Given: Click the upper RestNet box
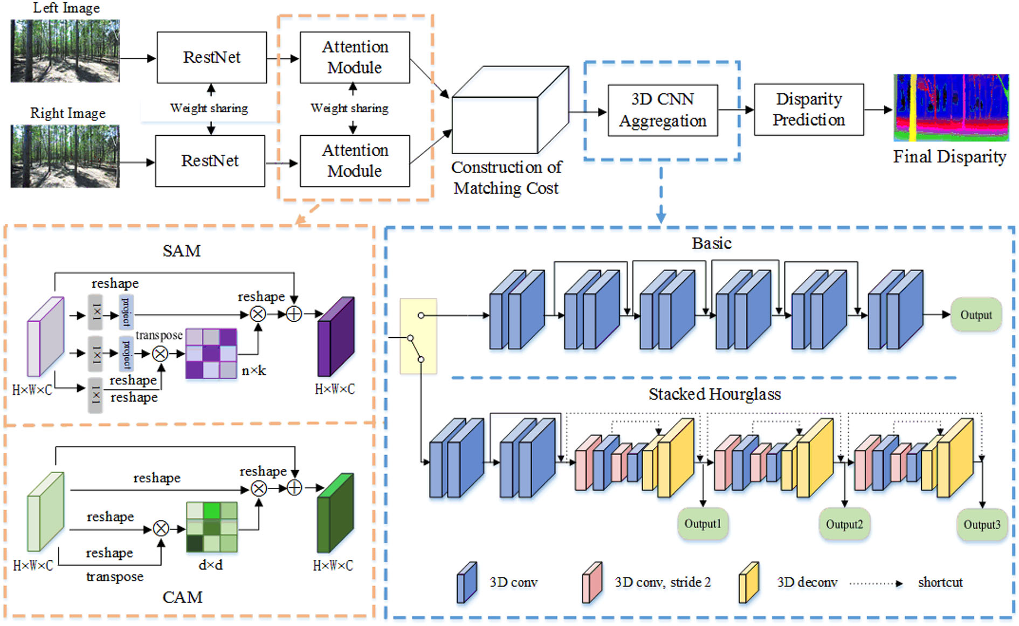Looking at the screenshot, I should [212, 58].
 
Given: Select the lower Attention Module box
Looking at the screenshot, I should [355, 161].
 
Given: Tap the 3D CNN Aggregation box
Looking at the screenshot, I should [662, 110].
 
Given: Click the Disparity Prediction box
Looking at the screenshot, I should [809, 110].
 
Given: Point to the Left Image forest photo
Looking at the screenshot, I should [65, 51].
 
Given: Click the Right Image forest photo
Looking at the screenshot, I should [65, 156].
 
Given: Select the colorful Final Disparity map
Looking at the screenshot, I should [951, 108].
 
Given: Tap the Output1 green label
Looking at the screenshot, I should [703, 524].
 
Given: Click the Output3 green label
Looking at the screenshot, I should [982, 524].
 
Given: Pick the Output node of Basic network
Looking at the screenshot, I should [976, 315].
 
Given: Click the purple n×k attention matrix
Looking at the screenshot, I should [211, 353].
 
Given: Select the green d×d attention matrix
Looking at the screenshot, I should [212, 527].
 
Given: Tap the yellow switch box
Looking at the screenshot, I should [418, 336].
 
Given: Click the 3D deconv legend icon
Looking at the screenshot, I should [749, 583].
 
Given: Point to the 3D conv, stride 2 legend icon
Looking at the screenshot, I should [592, 583].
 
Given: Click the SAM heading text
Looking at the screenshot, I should [182, 251].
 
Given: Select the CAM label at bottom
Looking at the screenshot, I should [182, 597].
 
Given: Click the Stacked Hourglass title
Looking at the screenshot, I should [715, 395].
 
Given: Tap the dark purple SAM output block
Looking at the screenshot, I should [336, 337].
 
